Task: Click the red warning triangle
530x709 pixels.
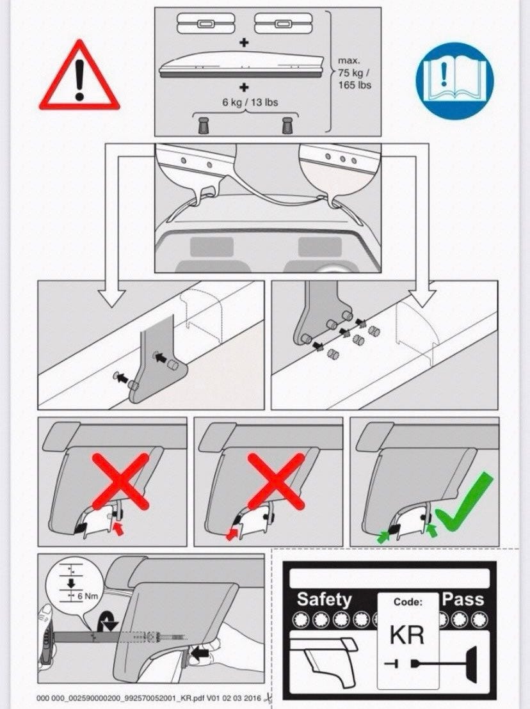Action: pos(79,77)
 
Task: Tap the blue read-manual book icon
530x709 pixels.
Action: pos(455,81)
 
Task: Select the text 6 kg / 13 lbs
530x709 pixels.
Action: pos(250,102)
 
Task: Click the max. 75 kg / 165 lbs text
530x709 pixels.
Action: pos(354,72)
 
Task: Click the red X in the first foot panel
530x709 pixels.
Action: pos(121,482)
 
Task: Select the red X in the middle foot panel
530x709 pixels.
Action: pos(276,482)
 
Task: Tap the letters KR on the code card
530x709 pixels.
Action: pos(407,635)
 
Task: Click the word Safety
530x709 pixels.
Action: pos(325,600)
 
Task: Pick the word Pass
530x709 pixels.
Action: pos(463,599)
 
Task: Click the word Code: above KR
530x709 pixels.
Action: pos(408,602)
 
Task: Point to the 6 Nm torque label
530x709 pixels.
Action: pos(88,596)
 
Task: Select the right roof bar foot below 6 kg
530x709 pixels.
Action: pos(287,125)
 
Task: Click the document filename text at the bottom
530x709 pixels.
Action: pos(149,698)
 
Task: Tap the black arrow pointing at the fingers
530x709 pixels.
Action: pos(200,653)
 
